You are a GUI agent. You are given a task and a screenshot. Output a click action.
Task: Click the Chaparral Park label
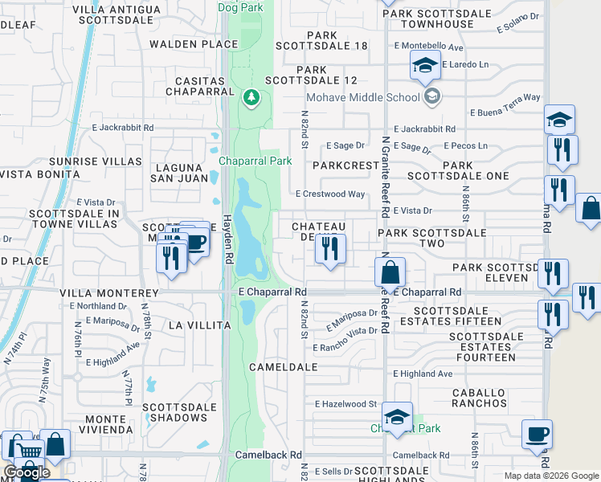pyautogui.click(x=255, y=161)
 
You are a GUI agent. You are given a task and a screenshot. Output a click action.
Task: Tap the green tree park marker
pyautogui.click(x=251, y=98)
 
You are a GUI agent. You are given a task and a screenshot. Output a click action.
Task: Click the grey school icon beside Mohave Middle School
pyautogui.click(x=433, y=97)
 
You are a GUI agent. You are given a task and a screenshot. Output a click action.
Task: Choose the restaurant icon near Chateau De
pyautogui.click(x=329, y=250)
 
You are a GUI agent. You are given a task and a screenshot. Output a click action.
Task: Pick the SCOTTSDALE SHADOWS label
pyautogui.click(x=181, y=412)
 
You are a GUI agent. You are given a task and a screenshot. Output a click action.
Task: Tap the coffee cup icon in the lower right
pyautogui.click(x=537, y=435)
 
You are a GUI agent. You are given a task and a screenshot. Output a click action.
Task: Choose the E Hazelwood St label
pyautogui.click(x=346, y=404)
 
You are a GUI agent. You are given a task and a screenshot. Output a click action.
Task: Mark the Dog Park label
pyautogui.click(x=240, y=7)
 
